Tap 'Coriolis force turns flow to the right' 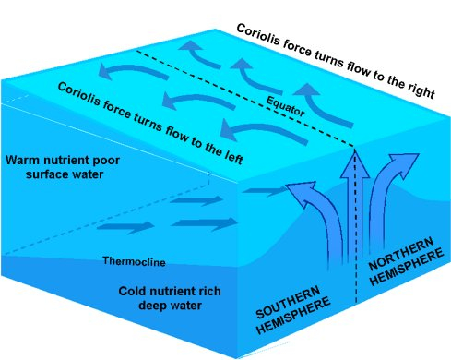[341, 53]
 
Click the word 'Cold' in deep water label [135, 289]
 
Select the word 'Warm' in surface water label [24, 160]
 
